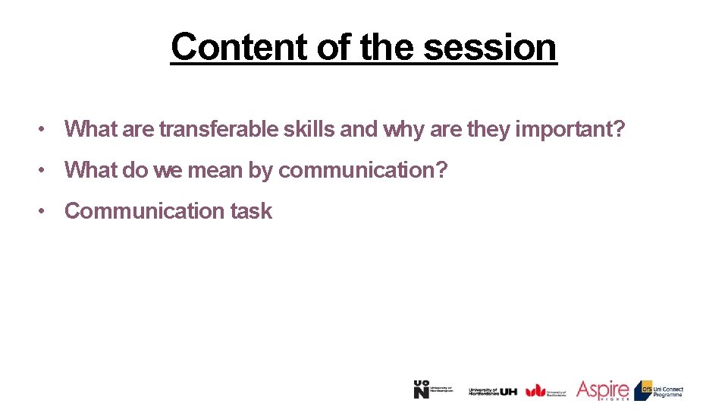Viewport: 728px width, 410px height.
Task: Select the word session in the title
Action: (x=490, y=47)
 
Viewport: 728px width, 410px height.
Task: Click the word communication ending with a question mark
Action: (x=363, y=170)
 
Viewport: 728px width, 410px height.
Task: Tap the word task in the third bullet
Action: (x=251, y=211)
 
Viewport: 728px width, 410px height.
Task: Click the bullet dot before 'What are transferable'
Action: (x=47, y=130)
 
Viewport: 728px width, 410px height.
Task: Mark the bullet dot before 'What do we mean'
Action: (x=47, y=171)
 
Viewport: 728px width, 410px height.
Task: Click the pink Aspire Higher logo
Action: (x=602, y=390)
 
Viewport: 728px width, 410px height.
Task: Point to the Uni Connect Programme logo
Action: (x=659, y=390)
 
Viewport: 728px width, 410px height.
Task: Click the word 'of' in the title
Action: (x=332, y=47)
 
